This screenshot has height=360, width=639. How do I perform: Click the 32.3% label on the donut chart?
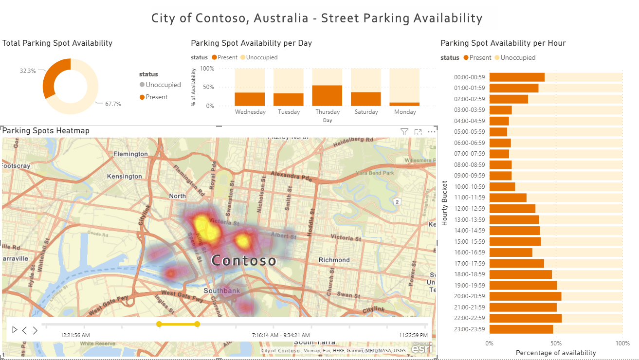[28, 71]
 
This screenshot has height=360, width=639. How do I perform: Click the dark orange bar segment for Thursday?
[327, 95]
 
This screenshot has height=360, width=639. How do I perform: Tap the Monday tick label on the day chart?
[405, 112]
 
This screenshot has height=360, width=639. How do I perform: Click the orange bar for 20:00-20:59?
[525, 296]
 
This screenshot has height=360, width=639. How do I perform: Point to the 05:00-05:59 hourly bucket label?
[469, 132]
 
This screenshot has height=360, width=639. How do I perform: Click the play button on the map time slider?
[15, 330]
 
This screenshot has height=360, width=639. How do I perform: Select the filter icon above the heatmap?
[404, 132]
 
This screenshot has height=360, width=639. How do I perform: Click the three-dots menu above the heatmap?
[432, 132]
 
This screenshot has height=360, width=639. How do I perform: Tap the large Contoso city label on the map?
[244, 261]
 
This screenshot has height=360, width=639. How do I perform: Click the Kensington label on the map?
[125, 176]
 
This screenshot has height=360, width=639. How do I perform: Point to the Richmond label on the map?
[334, 260]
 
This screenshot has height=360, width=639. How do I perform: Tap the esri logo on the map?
[421, 348]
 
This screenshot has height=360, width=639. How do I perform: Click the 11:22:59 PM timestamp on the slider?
[413, 335]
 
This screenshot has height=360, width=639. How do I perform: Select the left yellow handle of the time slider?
[159, 324]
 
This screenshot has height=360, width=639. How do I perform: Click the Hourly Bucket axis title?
[444, 203]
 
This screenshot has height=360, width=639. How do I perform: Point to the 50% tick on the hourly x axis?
[556, 343]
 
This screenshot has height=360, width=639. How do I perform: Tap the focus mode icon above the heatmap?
[418, 132]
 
